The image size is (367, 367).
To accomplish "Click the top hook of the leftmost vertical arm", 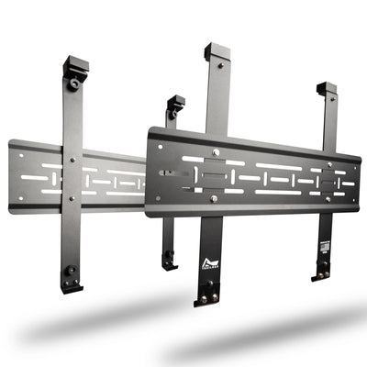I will (75, 65).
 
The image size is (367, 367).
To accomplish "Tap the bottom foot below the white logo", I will (207, 295).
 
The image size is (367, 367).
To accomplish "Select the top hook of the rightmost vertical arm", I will (327, 89).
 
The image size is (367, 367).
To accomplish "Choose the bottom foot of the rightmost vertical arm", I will (321, 272).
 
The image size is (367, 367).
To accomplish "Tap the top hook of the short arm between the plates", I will (174, 103).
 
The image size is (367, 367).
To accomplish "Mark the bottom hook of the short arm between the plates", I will (169, 262).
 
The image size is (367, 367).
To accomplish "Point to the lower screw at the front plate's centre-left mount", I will (214, 197).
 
